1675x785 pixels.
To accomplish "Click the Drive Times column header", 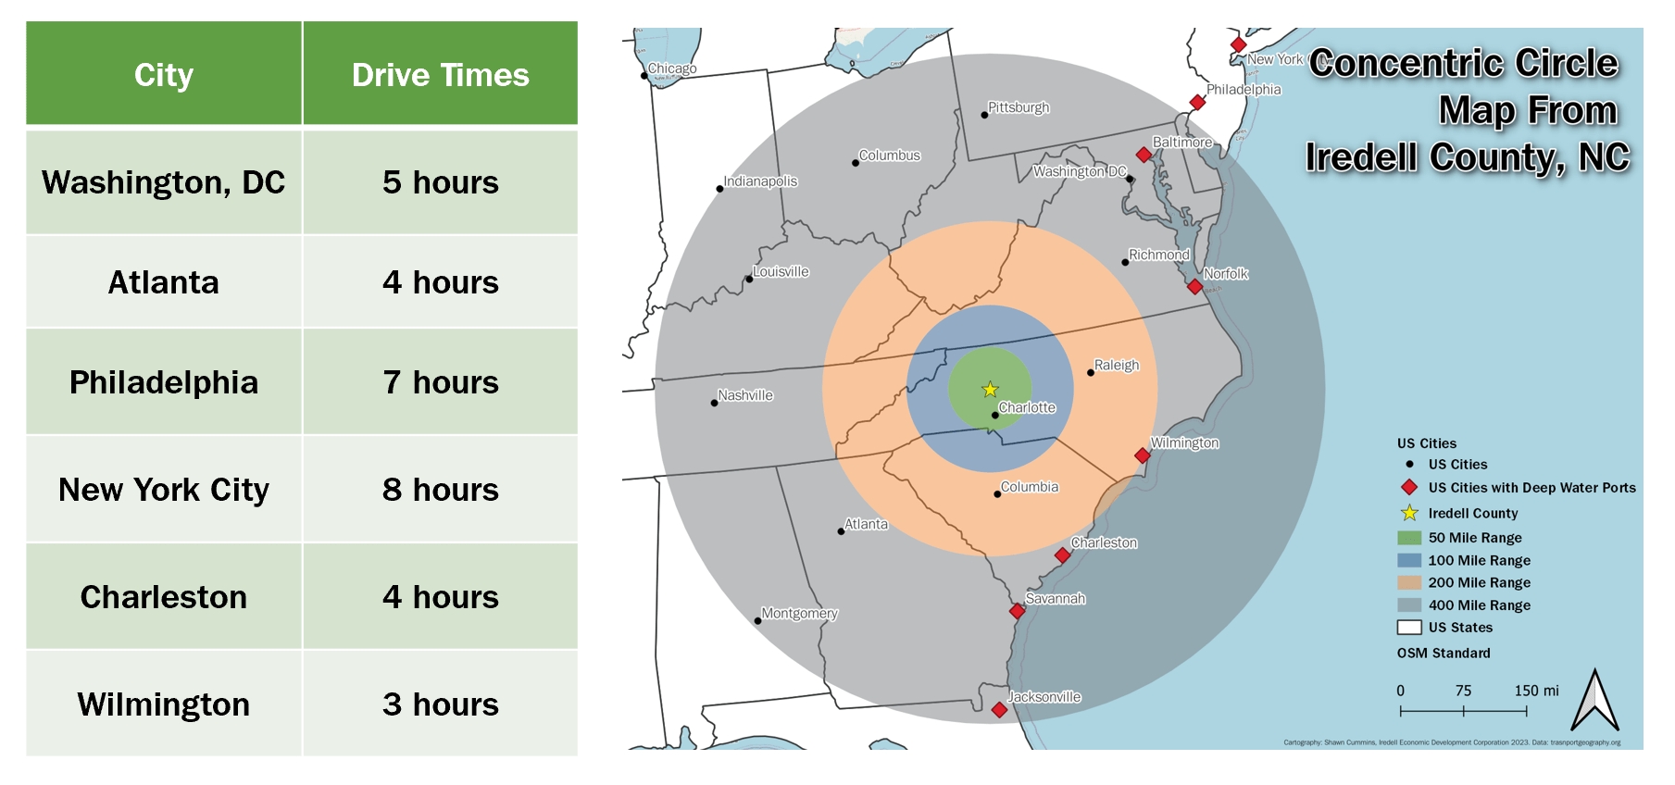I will [440, 74].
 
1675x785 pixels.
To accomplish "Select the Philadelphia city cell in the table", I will [164, 382].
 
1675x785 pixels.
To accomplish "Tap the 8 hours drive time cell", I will [440, 490].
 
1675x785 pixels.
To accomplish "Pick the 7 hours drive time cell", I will [440, 382].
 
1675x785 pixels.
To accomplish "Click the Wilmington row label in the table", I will [164, 704].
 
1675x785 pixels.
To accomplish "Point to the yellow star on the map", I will [990, 390].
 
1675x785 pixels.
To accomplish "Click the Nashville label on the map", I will [745, 395].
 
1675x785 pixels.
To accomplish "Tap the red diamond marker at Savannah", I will [1017, 611].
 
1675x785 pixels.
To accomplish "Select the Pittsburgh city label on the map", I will [1019, 107].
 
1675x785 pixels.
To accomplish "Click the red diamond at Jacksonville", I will [999, 710].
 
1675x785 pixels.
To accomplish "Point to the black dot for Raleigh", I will [1090, 372].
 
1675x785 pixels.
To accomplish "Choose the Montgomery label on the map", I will [799, 613].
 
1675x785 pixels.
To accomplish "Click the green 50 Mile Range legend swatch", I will [1409, 538].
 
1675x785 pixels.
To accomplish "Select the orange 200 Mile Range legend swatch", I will [1409, 582].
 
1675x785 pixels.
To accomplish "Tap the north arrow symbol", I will [1594, 702].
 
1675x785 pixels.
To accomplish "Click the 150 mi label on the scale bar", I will [1536, 691].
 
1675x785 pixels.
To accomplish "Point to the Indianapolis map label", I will [760, 181].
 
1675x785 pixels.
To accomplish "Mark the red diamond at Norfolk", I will [1195, 287].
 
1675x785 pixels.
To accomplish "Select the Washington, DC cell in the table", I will [164, 182].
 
